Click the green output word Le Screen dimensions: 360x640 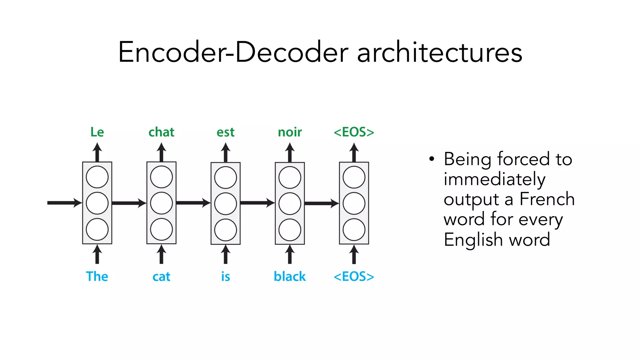[x=97, y=132]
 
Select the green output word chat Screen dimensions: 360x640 [x=161, y=132]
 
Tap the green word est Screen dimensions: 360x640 [x=225, y=132]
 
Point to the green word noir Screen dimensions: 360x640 [x=290, y=132]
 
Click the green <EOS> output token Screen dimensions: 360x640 [x=354, y=132]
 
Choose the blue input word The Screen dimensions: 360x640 [x=97, y=277]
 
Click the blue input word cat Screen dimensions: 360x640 [x=161, y=277]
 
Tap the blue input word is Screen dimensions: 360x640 [x=225, y=277]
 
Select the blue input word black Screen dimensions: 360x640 [x=290, y=277]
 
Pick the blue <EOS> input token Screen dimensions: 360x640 [x=354, y=277]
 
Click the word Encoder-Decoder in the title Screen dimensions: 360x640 [x=233, y=52]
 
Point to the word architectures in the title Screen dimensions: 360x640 [x=439, y=52]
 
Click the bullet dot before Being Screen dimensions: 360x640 [x=432, y=159]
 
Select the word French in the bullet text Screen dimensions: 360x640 [x=547, y=199]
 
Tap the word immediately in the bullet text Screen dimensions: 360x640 [x=494, y=179]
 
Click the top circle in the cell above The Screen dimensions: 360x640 [x=97, y=177]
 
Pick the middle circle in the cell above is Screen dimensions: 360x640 [x=225, y=203]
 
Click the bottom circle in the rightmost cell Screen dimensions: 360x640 [x=354, y=230]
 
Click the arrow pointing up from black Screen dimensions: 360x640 [x=290, y=254]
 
